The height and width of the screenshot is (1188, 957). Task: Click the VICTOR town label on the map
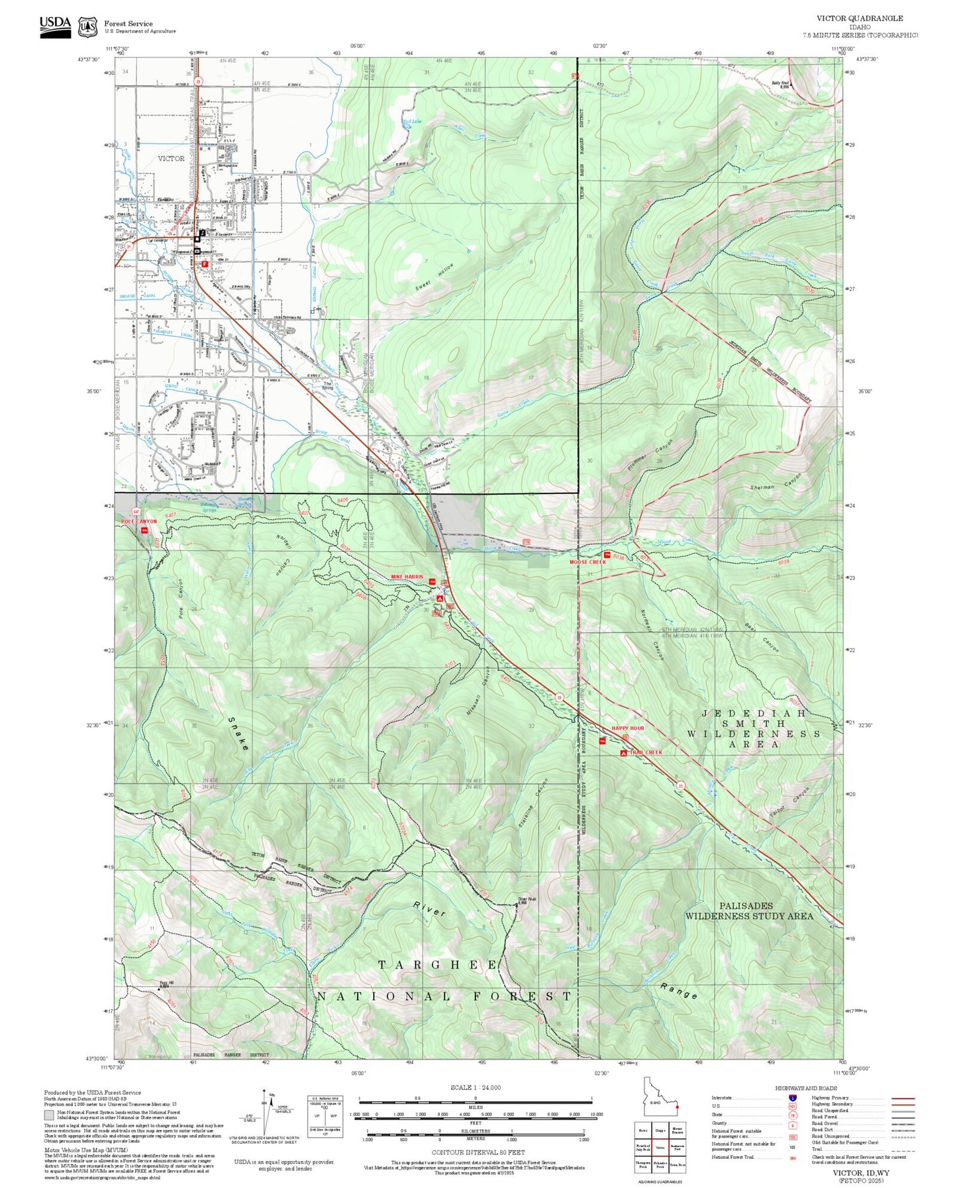point(171,159)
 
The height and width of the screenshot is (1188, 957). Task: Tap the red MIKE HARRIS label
point(407,577)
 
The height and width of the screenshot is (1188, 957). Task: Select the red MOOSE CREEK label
point(587,562)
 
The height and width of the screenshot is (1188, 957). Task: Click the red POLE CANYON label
point(140,522)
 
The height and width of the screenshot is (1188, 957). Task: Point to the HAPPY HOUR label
point(627,728)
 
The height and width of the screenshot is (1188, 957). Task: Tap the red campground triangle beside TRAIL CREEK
point(623,754)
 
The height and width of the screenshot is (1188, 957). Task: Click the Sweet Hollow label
point(435,277)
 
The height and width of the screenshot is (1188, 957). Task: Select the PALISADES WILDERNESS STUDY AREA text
point(748,911)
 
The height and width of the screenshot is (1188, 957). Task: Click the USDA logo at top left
point(55,25)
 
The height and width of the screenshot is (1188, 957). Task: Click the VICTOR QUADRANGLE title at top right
point(859,19)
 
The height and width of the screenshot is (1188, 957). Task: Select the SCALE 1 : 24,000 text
point(475,1087)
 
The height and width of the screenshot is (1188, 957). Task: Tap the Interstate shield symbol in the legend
point(793,1098)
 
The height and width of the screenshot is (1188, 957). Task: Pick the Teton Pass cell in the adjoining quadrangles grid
point(677,1163)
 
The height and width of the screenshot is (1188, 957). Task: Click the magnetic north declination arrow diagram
point(264,1113)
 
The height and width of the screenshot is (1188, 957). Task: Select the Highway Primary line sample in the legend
point(903,1098)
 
